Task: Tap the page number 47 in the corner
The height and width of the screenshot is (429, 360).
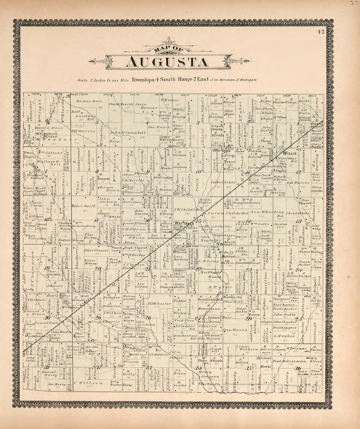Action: coord(320,32)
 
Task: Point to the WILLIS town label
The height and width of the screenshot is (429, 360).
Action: coord(289,153)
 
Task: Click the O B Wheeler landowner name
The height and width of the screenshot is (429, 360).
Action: coord(161,304)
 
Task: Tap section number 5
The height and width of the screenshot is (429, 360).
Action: coord(97,123)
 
